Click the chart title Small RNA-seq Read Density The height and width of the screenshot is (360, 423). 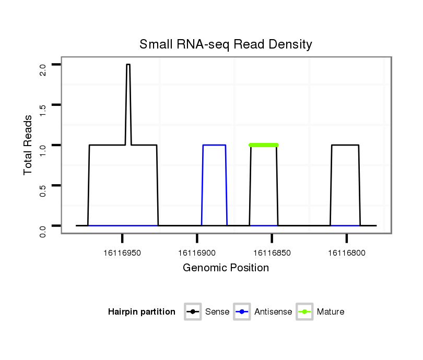[226, 44]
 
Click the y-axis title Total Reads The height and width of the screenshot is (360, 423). [29, 145]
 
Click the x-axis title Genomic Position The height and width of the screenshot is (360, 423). [226, 268]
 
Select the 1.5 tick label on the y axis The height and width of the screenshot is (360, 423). [43, 110]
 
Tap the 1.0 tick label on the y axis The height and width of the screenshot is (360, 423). [43, 150]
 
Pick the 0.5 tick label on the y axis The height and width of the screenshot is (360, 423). [43, 191]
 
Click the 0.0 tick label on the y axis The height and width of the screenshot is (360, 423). [43, 231]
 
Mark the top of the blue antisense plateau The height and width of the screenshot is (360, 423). [214, 145]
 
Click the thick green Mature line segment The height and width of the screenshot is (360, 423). [264, 145]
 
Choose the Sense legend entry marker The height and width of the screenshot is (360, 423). [193, 312]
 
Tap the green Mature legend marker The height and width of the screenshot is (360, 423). [304, 312]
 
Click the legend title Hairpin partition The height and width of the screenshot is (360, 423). [142, 312]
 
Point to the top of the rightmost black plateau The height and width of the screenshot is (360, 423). [345, 145]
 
